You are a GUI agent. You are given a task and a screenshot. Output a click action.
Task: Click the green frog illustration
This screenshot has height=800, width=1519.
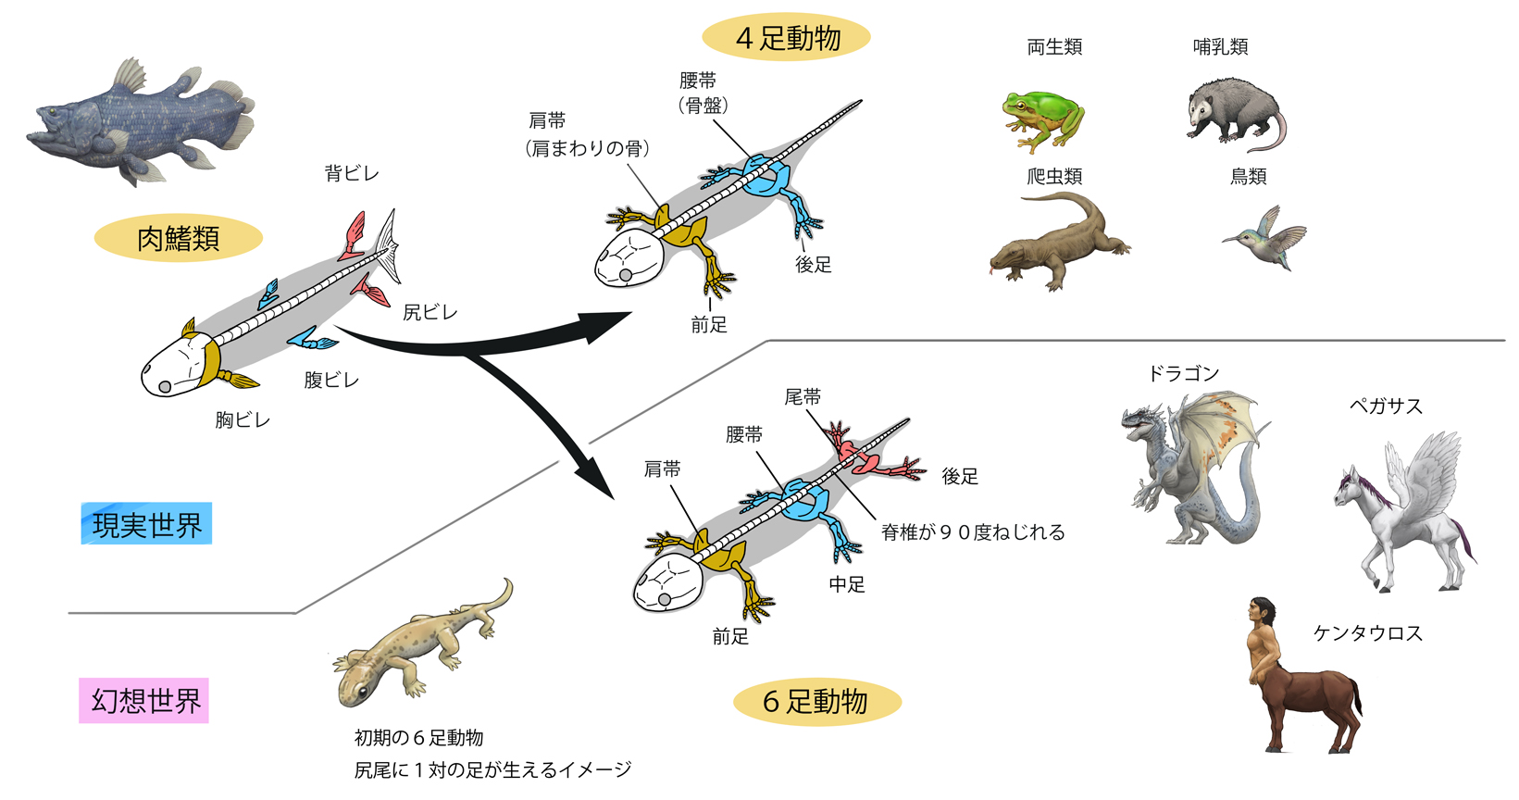[1042, 119]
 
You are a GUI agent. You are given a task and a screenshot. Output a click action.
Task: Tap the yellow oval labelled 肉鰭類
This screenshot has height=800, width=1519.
[178, 238]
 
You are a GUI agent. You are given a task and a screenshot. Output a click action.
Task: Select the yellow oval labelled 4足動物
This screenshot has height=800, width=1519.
[787, 38]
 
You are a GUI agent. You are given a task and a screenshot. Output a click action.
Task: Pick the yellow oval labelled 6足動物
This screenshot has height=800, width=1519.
[816, 702]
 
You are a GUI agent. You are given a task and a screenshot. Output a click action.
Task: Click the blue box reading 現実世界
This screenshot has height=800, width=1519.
[146, 524]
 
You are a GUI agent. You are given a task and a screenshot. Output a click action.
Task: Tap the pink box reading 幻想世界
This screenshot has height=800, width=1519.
[144, 701]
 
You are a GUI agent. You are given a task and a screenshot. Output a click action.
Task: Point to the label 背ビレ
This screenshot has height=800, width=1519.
[352, 173]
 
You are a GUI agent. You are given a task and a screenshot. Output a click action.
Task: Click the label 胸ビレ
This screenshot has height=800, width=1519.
[243, 419]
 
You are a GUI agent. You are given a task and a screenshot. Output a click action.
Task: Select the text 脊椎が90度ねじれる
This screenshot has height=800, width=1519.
[973, 532]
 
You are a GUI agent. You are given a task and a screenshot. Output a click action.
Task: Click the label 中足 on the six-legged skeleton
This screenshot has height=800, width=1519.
[847, 584]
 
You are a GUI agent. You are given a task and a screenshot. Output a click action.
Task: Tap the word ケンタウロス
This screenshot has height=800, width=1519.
[1367, 633]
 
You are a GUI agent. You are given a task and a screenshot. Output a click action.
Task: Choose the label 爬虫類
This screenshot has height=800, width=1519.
[1054, 176]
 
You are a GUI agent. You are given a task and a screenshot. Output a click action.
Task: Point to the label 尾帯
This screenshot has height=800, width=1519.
[803, 397]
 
